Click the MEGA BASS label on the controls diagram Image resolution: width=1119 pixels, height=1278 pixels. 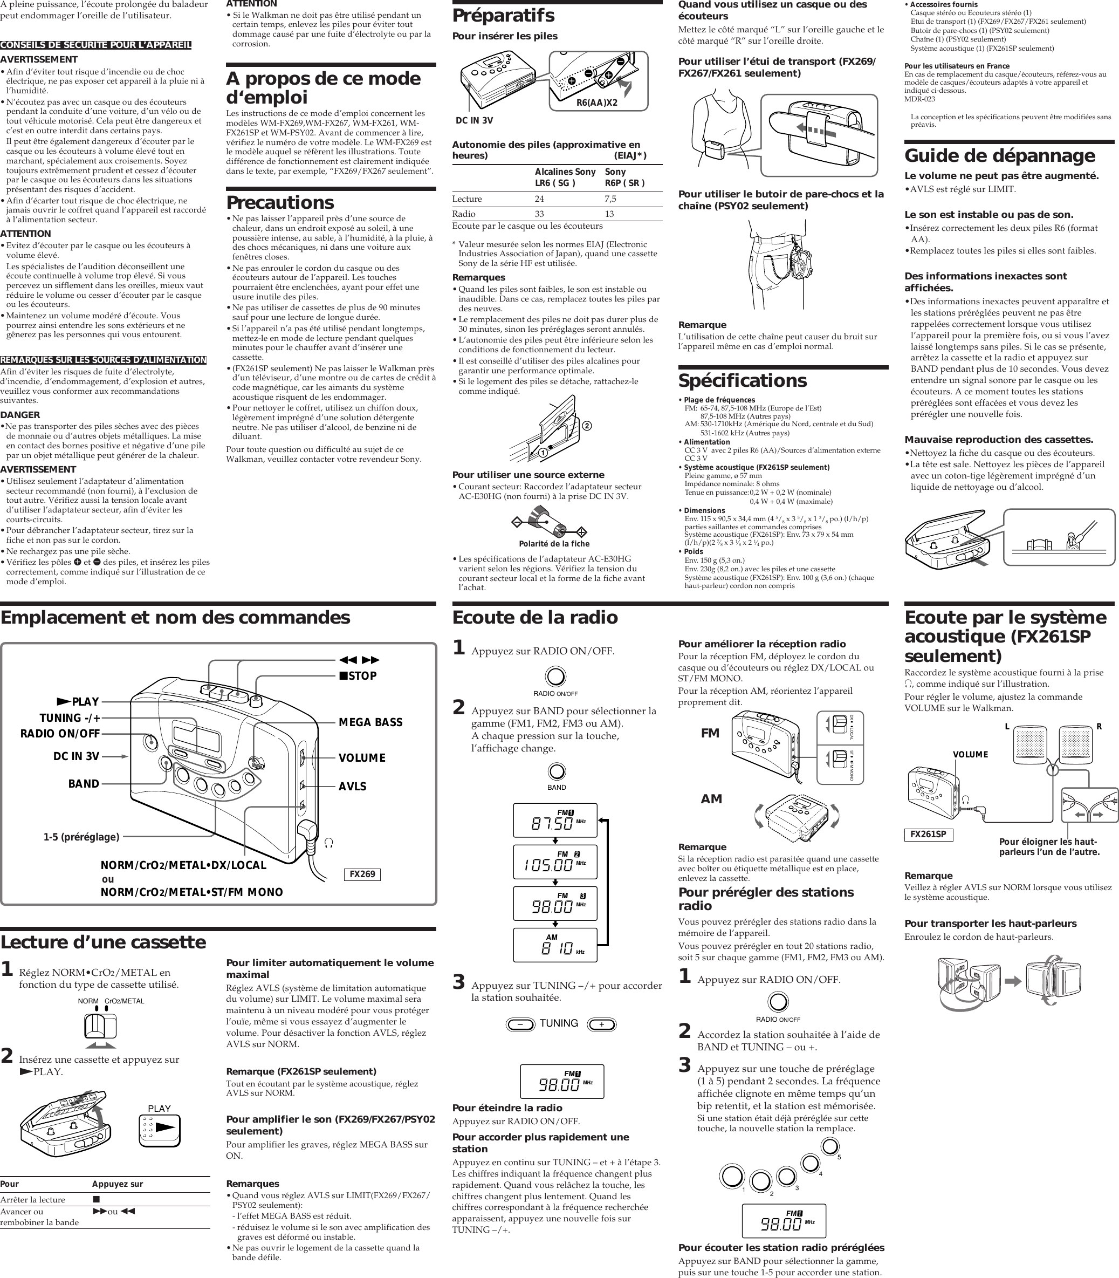(370, 722)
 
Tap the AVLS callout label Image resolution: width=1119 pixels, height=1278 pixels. (352, 787)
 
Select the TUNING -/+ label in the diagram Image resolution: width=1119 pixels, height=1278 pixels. (70, 717)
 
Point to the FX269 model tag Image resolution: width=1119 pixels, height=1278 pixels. (362, 874)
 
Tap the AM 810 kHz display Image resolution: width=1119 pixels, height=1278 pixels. (554, 947)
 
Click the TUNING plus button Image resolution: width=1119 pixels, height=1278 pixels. (601, 1024)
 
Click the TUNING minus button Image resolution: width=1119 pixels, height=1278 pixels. (520, 1024)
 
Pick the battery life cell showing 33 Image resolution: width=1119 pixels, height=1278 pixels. (539, 214)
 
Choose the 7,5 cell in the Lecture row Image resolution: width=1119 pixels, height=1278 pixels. (610, 199)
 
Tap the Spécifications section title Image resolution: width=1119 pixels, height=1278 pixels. (743, 380)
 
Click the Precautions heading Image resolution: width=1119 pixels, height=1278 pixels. (280, 202)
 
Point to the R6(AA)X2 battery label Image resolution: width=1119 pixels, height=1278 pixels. (596, 102)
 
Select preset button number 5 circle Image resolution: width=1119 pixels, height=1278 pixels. (830, 1146)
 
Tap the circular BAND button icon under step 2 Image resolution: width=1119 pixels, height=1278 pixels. (556, 771)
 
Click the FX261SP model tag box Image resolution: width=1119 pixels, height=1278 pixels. (928, 834)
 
